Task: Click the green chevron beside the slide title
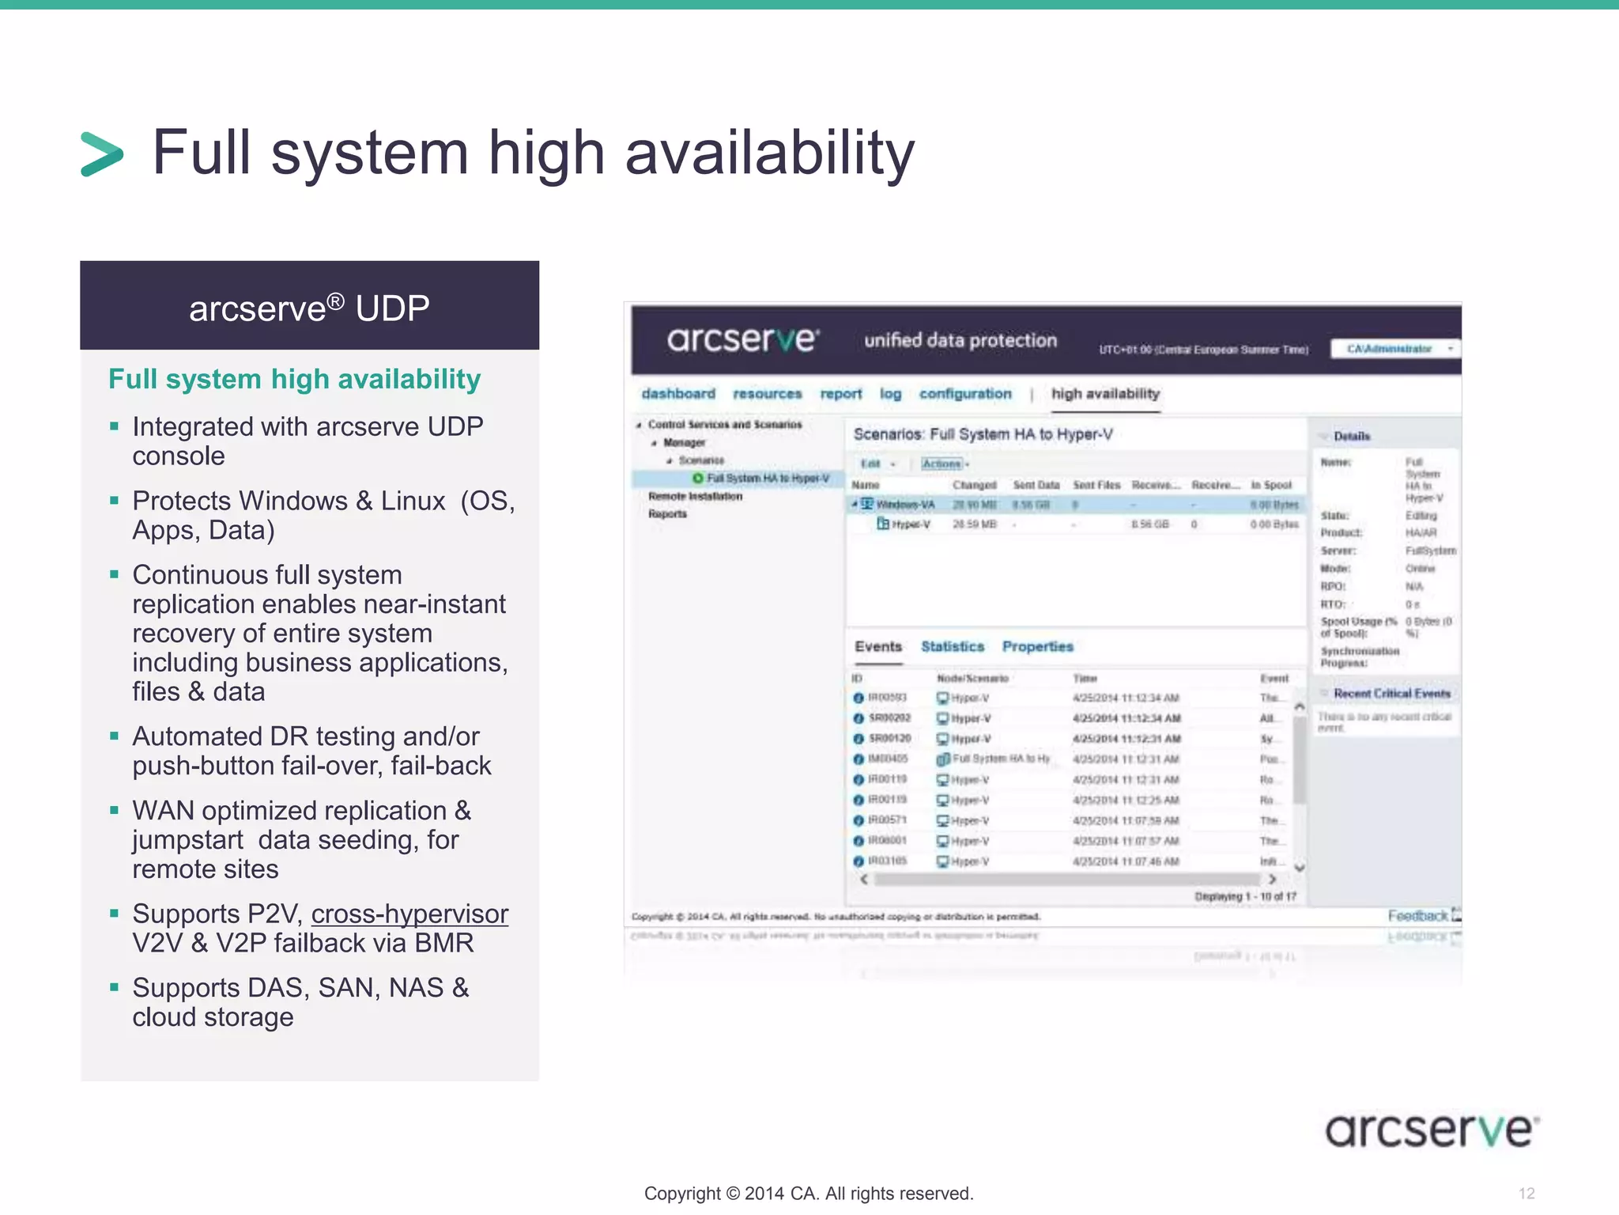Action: pyautogui.click(x=102, y=153)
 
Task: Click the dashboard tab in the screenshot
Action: pyautogui.click(x=678, y=394)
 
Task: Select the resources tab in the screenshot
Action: pyautogui.click(x=767, y=394)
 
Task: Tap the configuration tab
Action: pyautogui.click(x=965, y=394)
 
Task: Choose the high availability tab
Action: pyautogui.click(x=1105, y=394)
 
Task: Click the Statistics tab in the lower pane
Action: pyautogui.click(x=953, y=646)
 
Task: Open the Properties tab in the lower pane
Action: pyautogui.click(x=1038, y=646)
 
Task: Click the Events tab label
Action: pyautogui.click(x=878, y=646)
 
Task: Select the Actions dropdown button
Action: pyautogui.click(x=944, y=464)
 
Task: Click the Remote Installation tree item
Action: pyautogui.click(x=696, y=497)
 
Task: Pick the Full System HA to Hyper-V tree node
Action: pyautogui.click(x=767, y=479)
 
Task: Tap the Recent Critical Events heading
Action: pyautogui.click(x=1392, y=694)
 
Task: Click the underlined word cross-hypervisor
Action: pyautogui.click(x=409, y=914)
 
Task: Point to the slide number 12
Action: pyautogui.click(x=1527, y=1194)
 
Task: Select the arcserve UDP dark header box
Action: pyautogui.click(x=309, y=306)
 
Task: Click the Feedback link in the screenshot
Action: pyautogui.click(x=1418, y=916)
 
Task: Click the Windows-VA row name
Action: pyautogui.click(x=905, y=505)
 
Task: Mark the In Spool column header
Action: pyautogui.click(x=1271, y=485)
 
